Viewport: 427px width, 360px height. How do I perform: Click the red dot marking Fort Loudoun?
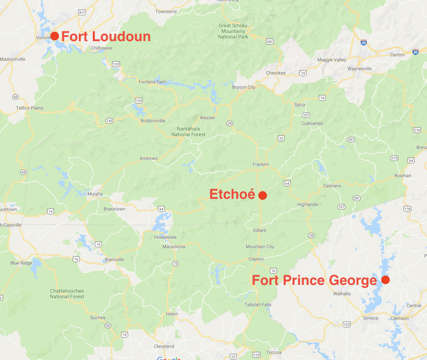coord(55,36)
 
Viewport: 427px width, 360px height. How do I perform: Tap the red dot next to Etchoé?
coord(262,195)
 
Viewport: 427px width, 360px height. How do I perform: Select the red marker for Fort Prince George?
coord(385,280)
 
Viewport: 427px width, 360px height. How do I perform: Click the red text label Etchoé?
coord(232,194)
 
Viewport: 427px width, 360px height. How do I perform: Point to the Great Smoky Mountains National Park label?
coord(233,31)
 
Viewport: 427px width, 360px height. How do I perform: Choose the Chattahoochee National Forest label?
coord(67,294)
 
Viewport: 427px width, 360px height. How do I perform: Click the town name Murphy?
coord(95,194)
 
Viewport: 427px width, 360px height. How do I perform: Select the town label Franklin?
coord(261,165)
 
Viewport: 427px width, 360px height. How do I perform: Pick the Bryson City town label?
coord(244,87)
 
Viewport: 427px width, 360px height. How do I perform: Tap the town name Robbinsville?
coord(153,121)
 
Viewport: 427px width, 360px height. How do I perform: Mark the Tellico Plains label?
coord(30,108)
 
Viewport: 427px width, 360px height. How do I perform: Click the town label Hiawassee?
coord(165,237)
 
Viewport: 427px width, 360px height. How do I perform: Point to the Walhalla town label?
coord(342,293)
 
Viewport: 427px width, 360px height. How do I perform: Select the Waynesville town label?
coord(359,69)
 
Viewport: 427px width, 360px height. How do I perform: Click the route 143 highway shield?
coord(110,121)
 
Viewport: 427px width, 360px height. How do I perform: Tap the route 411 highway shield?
coord(82,12)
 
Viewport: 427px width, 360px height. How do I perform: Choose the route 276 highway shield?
coord(417,130)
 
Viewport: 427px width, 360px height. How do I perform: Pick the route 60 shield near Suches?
coord(108,326)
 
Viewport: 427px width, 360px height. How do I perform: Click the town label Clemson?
coord(399,318)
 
